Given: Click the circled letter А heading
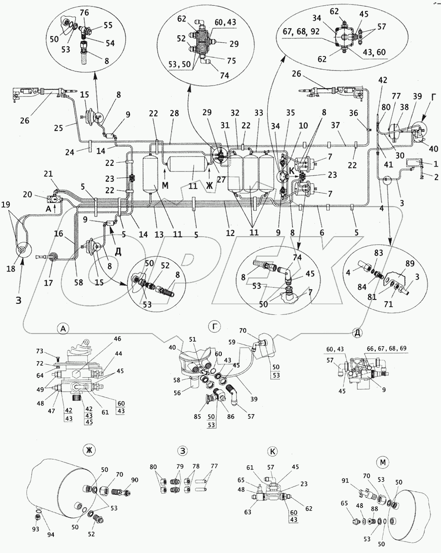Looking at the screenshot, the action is pos(64,329).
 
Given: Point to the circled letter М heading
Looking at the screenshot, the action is pos(383,462).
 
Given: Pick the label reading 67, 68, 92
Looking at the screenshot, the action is pos(301,32).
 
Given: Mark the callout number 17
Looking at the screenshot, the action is pos(48,283).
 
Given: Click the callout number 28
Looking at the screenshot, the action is pos(175,113).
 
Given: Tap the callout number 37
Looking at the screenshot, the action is pos(343,125).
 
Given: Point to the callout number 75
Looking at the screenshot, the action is pos(231,61).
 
